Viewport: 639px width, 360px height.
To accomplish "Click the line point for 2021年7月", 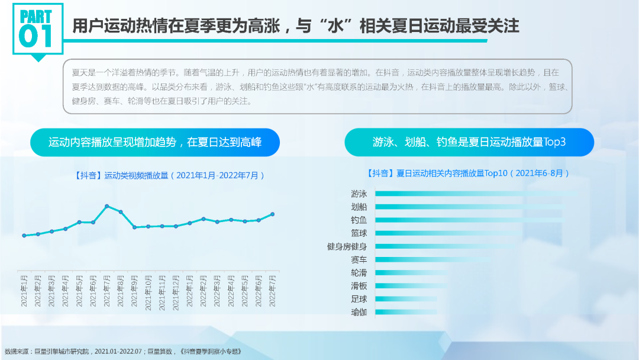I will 107,206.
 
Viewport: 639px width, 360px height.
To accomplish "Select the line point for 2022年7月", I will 273,214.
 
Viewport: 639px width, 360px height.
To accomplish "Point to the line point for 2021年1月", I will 24,236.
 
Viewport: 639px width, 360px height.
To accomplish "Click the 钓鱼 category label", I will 359,220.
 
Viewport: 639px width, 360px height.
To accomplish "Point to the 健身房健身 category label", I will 347,246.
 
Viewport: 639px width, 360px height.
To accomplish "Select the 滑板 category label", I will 359,286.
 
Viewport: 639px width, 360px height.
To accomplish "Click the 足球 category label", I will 359,299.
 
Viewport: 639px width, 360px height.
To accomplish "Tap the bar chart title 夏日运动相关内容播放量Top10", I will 468,173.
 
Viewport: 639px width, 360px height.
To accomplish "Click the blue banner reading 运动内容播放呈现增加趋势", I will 155,143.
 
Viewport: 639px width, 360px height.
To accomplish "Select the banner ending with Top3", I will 469,143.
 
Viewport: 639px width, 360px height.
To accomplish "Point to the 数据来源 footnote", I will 123,352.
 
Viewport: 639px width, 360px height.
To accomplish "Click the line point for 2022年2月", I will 204,219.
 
